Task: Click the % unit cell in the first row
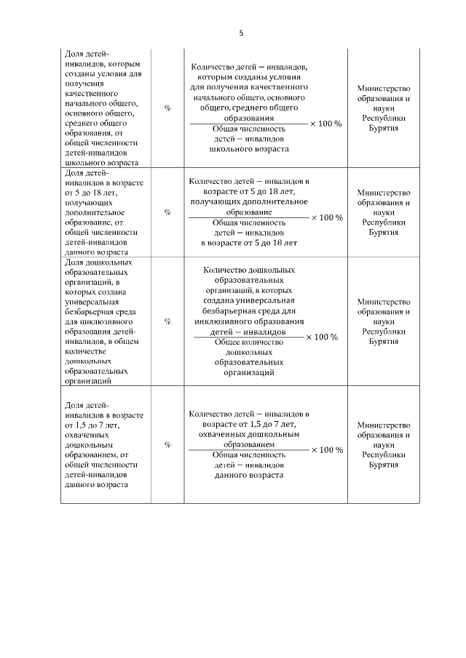tap(167, 108)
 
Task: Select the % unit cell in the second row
tap(167, 212)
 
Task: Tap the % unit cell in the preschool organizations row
tap(167, 320)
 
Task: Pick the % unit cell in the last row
tap(167, 444)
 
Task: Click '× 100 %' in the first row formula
tap(325, 124)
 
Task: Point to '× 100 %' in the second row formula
tap(326, 217)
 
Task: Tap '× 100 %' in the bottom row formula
tap(326, 449)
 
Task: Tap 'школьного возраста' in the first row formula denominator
tap(249, 148)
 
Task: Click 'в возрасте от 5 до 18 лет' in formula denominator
tap(249, 242)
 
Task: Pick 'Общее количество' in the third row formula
tap(249, 342)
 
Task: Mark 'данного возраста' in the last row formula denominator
tap(249, 474)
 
